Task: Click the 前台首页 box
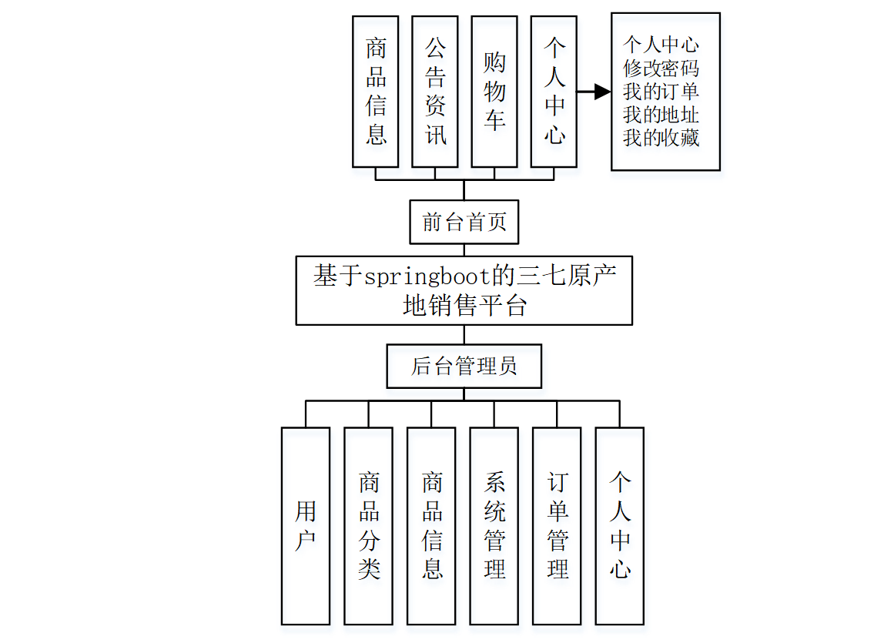pyautogui.click(x=464, y=223)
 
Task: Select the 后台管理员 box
pyautogui.click(x=464, y=366)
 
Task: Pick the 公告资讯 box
pyautogui.click(x=435, y=92)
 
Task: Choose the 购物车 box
pyautogui.click(x=494, y=92)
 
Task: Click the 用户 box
pyautogui.click(x=306, y=525)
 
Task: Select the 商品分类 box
pyautogui.click(x=368, y=525)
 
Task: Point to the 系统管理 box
pyautogui.click(x=494, y=525)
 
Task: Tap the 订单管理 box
pyautogui.click(x=557, y=525)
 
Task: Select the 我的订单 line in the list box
pyautogui.click(x=661, y=92)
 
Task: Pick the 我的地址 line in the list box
pyautogui.click(x=661, y=116)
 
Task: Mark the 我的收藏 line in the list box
pyautogui.click(x=661, y=139)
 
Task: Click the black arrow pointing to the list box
pyautogui.click(x=594, y=92)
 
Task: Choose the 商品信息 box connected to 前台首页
pyautogui.click(x=376, y=92)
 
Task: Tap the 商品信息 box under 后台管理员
pyautogui.click(x=431, y=525)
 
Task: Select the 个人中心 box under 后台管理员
pyautogui.click(x=620, y=525)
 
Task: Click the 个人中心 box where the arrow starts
pyautogui.click(x=554, y=92)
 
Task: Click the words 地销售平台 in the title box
pyautogui.click(x=464, y=306)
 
